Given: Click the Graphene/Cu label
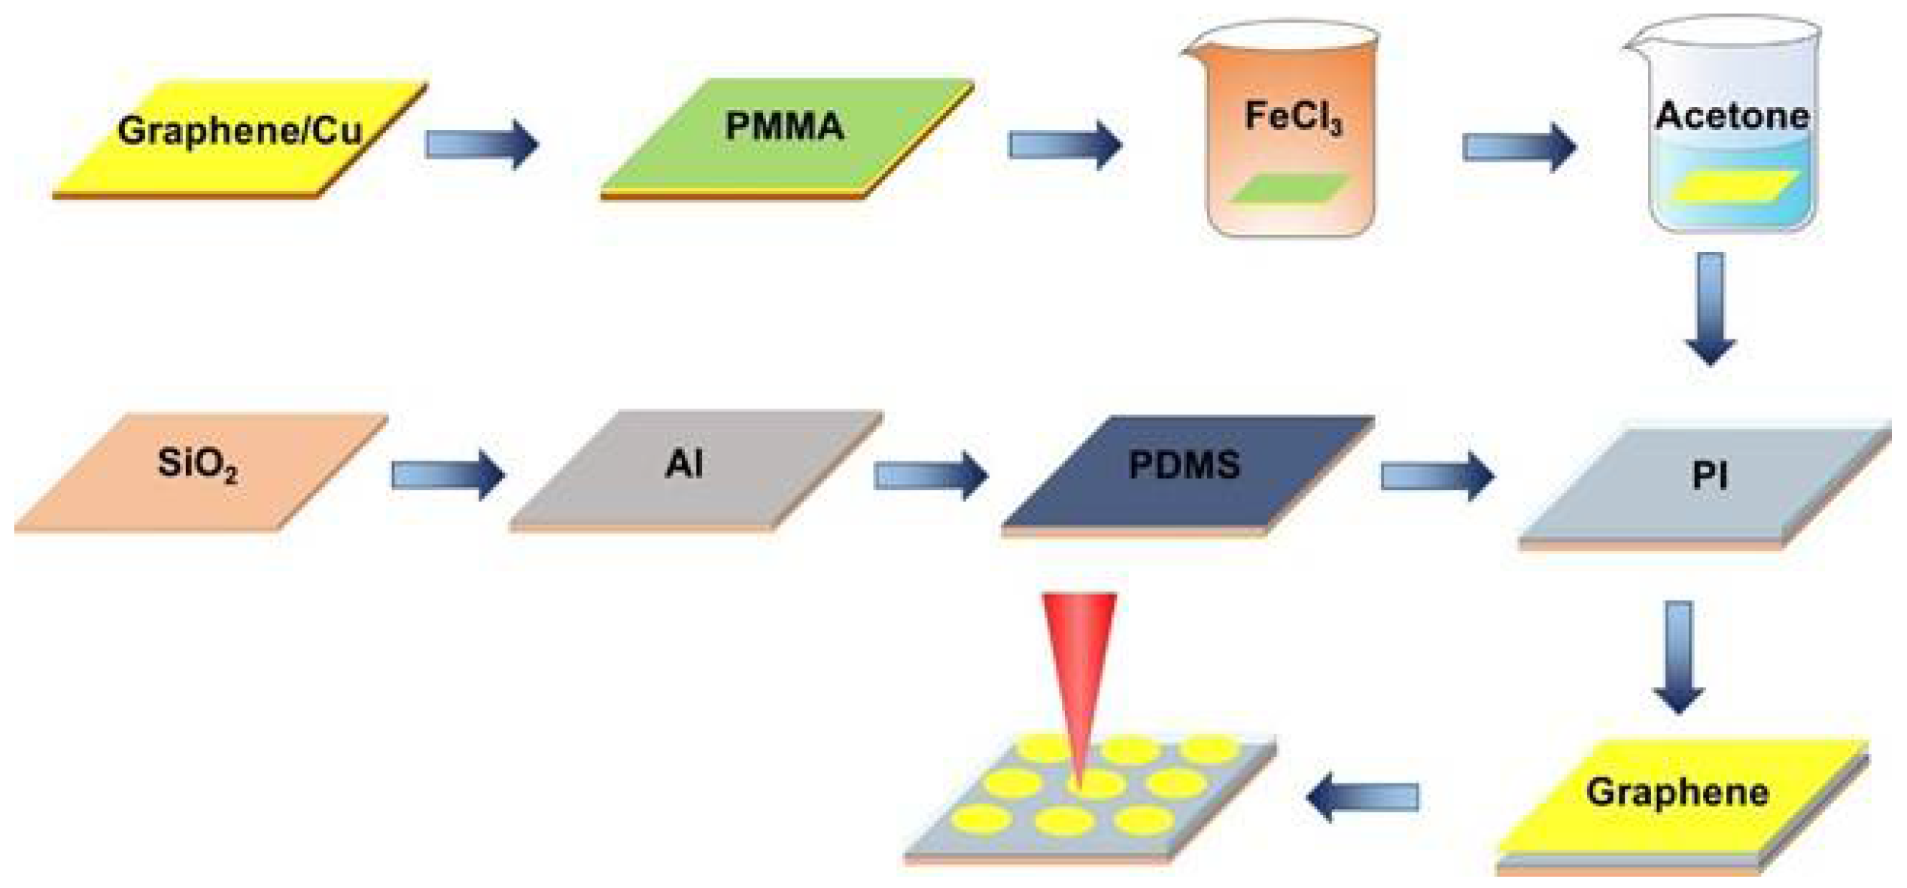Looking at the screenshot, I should (239, 131).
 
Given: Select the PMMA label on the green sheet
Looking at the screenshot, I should (784, 126).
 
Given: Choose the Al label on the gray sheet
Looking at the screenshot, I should (684, 464).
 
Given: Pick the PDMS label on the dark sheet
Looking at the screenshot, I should (1184, 465).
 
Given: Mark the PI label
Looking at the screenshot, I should (1709, 476).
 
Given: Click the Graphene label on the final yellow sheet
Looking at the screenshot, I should (1677, 792).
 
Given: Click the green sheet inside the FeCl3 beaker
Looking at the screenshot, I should (1288, 189).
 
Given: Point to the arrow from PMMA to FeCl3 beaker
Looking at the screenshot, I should (1064, 144).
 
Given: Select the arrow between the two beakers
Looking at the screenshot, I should (1519, 147).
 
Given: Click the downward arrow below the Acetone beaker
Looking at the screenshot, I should (1711, 309).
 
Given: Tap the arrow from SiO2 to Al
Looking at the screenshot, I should (448, 475).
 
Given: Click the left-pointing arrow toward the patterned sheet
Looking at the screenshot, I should (1363, 797).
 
